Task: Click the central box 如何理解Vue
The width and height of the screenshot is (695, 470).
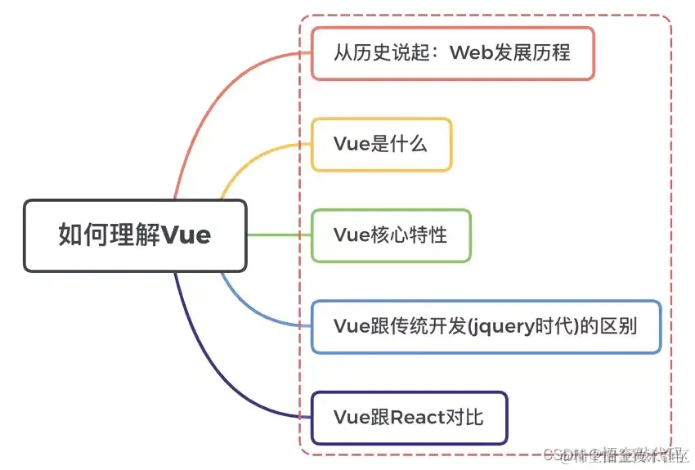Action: click(x=135, y=235)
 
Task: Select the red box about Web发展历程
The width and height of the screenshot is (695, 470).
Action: click(x=452, y=54)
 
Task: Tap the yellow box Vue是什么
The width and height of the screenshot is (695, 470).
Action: click(x=381, y=145)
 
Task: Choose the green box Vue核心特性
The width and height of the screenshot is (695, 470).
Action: click(x=391, y=235)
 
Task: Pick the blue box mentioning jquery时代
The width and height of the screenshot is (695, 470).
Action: click(x=486, y=326)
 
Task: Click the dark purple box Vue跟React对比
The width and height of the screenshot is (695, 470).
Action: click(x=409, y=418)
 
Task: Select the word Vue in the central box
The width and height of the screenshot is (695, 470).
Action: click(x=186, y=235)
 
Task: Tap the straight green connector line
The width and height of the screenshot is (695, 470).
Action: click(x=278, y=235)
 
